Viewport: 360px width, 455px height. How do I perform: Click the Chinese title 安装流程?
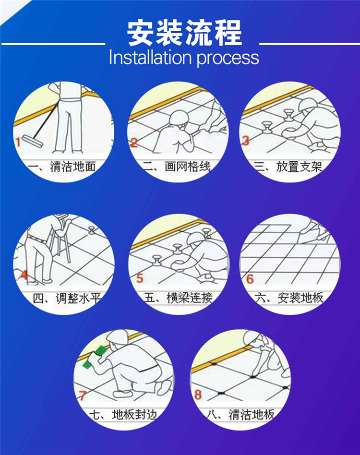pyautogui.click(x=184, y=33)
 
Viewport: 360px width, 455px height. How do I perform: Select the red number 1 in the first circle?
pyautogui.click(x=18, y=142)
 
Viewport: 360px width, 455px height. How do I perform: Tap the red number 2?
pyautogui.click(x=134, y=143)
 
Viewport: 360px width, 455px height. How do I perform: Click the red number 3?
pyautogui.click(x=246, y=141)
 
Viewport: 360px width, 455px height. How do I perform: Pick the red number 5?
pyautogui.click(x=140, y=278)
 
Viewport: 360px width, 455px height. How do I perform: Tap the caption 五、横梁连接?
pyautogui.click(x=179, y=298)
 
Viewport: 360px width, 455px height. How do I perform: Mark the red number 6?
pyautogui.click(x=250, y=279)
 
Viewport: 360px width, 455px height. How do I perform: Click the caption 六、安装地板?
pyautogui.click(x=289, y=298)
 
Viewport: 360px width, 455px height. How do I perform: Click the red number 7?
pyautogui.click(x=83, y=395)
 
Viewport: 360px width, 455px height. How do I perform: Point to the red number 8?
pyautogui.click(x=198, y=395)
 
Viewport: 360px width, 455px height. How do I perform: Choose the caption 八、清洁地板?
pyautogui.click(x=241, y=414)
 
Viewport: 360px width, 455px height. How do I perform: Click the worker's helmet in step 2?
pyautogui.click(x=179, y=118)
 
